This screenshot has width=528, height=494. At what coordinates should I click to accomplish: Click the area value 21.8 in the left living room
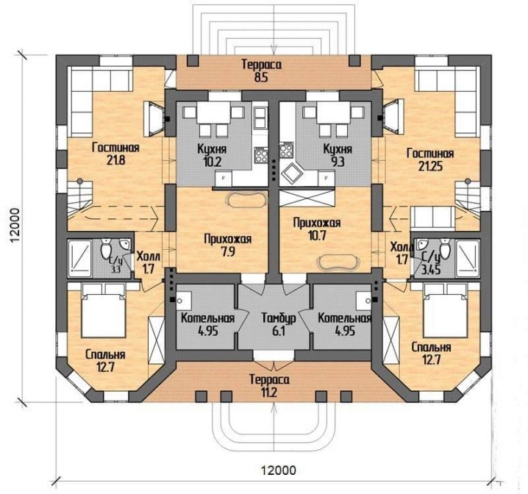coord(116,160)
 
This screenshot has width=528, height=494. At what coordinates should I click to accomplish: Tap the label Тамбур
coord(279,318)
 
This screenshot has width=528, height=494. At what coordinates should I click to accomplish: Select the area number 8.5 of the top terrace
coord(261,78)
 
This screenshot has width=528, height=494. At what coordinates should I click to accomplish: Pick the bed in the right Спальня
coord(446,310)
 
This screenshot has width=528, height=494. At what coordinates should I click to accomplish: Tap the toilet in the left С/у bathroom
coord(107,248)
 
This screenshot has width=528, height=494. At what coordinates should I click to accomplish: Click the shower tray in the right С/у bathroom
coord(468,259)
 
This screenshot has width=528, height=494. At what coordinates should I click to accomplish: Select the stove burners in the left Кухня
coord(261,155)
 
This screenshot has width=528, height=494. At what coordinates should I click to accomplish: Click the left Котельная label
coord(207,318)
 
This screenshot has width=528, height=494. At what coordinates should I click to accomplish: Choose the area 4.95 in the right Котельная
coord(345,331)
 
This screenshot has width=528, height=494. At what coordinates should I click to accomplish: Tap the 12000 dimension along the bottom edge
coord(279,470)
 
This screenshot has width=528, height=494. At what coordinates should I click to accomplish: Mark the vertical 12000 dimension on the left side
coord(15,224)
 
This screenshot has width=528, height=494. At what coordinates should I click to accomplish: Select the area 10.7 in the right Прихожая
coord(317,236)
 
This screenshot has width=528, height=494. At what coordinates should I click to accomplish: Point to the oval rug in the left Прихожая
coord(247,199)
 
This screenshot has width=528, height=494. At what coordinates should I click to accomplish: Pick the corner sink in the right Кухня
coord(290,173)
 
